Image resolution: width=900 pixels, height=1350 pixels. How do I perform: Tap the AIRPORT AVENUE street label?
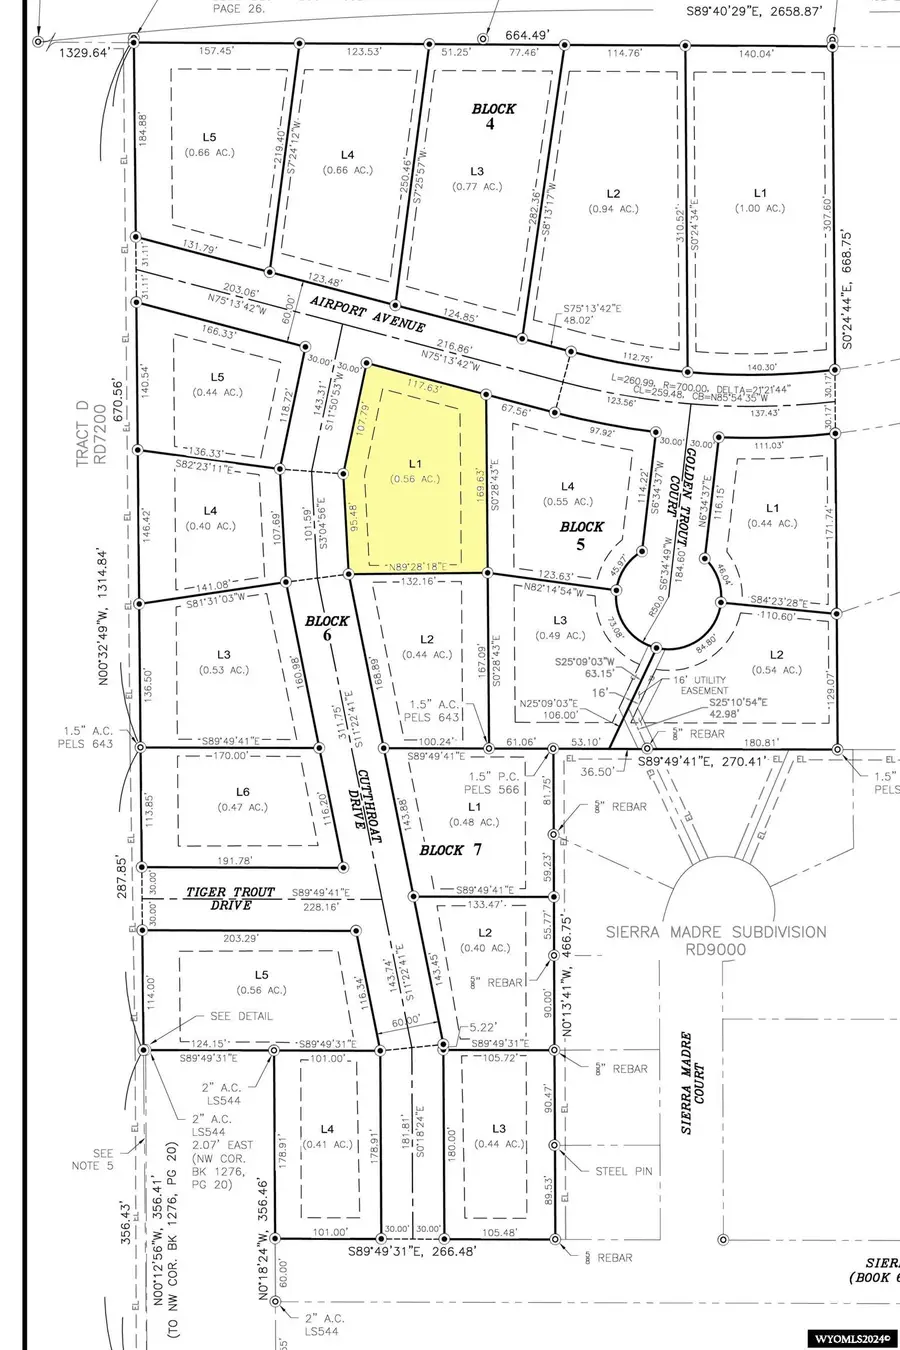(367, 313)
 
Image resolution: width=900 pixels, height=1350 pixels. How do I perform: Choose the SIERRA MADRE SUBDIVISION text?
(715, 940)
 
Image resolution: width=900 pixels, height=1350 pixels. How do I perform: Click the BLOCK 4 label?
(494, 116)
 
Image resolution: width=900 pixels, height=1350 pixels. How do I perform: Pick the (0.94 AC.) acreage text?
(613, 208)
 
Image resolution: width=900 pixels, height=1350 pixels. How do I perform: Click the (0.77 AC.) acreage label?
(477, 186)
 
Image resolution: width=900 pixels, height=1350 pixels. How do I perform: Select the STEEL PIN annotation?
(624, 1170)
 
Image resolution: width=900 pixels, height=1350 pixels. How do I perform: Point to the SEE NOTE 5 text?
(111, 1158)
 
